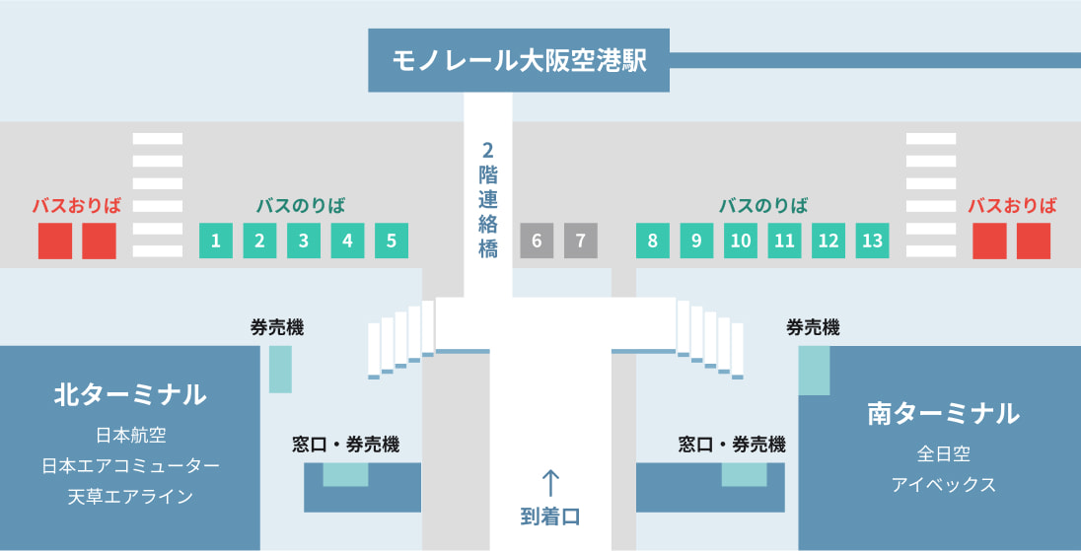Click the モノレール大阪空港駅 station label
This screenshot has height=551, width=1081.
tap(518, 61)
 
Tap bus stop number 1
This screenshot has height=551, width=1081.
tap(215, 241)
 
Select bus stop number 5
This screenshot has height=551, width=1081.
tap(391, 241)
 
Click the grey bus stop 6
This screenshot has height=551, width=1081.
tap(537, 241)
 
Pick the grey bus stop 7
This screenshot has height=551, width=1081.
tap(581, 241)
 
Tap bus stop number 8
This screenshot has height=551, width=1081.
tap(652, 241)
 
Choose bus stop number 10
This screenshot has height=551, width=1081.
tap(741, 241)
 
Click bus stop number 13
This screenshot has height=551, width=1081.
tap(872, 241)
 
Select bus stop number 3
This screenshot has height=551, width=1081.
tap(303, 241)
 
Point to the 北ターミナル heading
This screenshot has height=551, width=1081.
tap(129, 395)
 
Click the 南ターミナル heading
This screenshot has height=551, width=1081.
tap(943, 413)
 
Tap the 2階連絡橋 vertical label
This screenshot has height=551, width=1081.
tap(487, 200)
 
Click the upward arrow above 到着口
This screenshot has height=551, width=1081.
tap(550, 483)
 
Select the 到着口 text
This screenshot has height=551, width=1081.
tap(550, 516)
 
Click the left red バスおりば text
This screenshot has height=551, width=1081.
tap(77, 206)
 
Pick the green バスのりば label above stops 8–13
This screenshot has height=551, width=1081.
tap(762, 206)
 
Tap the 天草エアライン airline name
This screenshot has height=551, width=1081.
tap(129, 496)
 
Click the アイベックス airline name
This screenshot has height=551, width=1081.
tap(943, 485)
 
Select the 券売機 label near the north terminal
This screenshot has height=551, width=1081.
tap(277, 327)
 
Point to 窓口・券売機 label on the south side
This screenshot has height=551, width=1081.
tap(731, 445)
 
